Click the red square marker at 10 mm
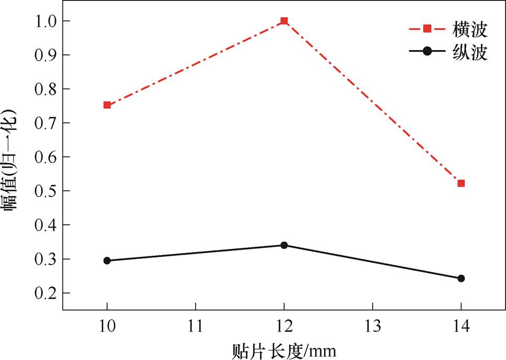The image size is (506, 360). pos(107,105)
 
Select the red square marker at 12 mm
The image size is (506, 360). pos(284,21)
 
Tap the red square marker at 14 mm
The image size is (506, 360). pos(461,183)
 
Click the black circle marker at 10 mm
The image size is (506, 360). pos(107,260)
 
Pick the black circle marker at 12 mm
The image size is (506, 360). pos(284,245)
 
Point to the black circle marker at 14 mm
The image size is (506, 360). pos(461,278)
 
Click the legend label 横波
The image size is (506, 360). pos(471,30)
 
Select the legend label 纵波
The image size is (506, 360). pos(471,52)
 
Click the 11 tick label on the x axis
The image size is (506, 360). pos(196,325)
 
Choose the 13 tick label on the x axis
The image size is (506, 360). pos(372,325)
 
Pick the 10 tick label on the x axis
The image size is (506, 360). pos(107,325)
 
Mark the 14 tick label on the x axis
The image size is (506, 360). pos(461,325)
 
